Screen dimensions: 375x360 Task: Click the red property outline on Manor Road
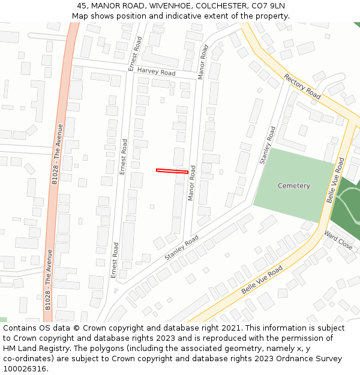tap(172, 171)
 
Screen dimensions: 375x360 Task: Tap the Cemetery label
tap(294, 186)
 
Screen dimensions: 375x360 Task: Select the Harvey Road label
tap(156, 72)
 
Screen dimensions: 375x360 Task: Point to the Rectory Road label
tap(302, 86)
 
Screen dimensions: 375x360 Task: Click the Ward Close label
tap(338, 239)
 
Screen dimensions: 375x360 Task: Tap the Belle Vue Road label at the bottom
tap(262, 280)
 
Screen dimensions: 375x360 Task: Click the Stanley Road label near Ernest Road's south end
tap(181, 248)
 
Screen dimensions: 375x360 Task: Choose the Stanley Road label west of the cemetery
tap(267, 145)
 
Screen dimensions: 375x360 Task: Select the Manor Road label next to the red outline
tap(192, 183)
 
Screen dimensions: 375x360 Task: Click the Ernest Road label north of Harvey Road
tap(135, 53)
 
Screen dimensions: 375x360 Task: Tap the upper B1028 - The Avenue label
tap(57, 154)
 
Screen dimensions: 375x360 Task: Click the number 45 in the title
tap(82, 6)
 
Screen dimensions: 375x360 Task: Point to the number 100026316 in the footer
tap(25, 369)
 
